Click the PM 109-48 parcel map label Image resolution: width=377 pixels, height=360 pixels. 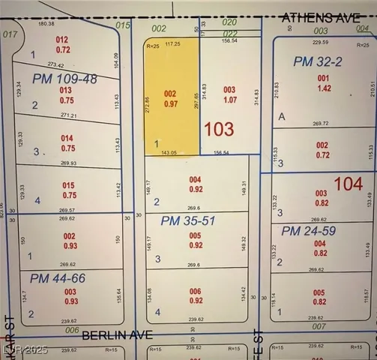(x=64, y=79)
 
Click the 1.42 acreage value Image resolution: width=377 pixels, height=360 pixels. (x=324, y=88)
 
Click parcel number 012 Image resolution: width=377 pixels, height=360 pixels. (x=62, y=40)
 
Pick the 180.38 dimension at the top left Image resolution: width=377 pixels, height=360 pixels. (x=46, y=23)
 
